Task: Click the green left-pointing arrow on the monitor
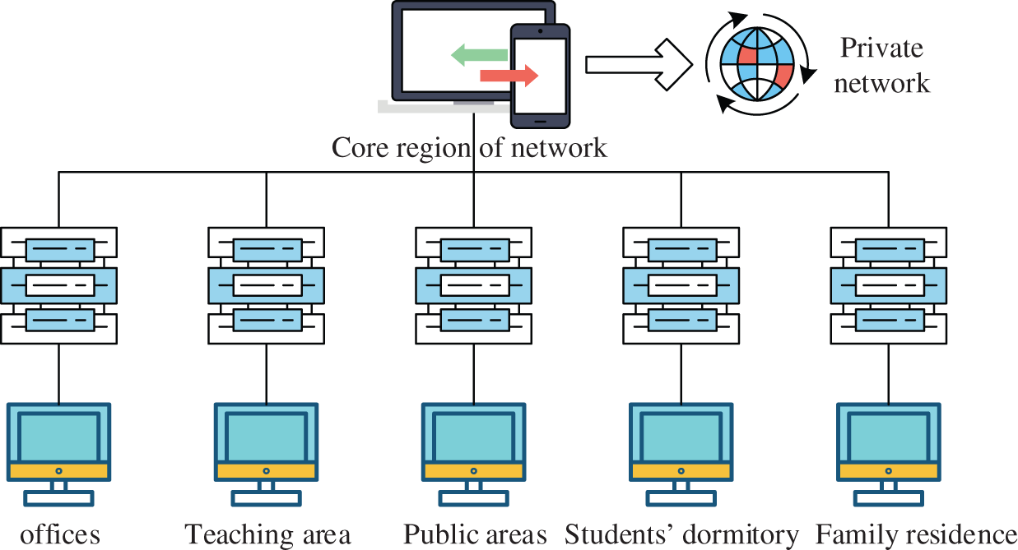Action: [478, 55]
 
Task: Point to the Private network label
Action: [881, 65]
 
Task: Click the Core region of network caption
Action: [469, 148]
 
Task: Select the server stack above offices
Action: [59, 285]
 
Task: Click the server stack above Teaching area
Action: [266, 285]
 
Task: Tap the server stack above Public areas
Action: [474, 285]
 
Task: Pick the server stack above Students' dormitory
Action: [681, 285]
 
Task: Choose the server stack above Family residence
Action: [889, 285]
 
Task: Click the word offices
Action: [60, 535]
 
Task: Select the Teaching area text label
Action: [267, 535]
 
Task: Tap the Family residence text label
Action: [916, 534]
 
